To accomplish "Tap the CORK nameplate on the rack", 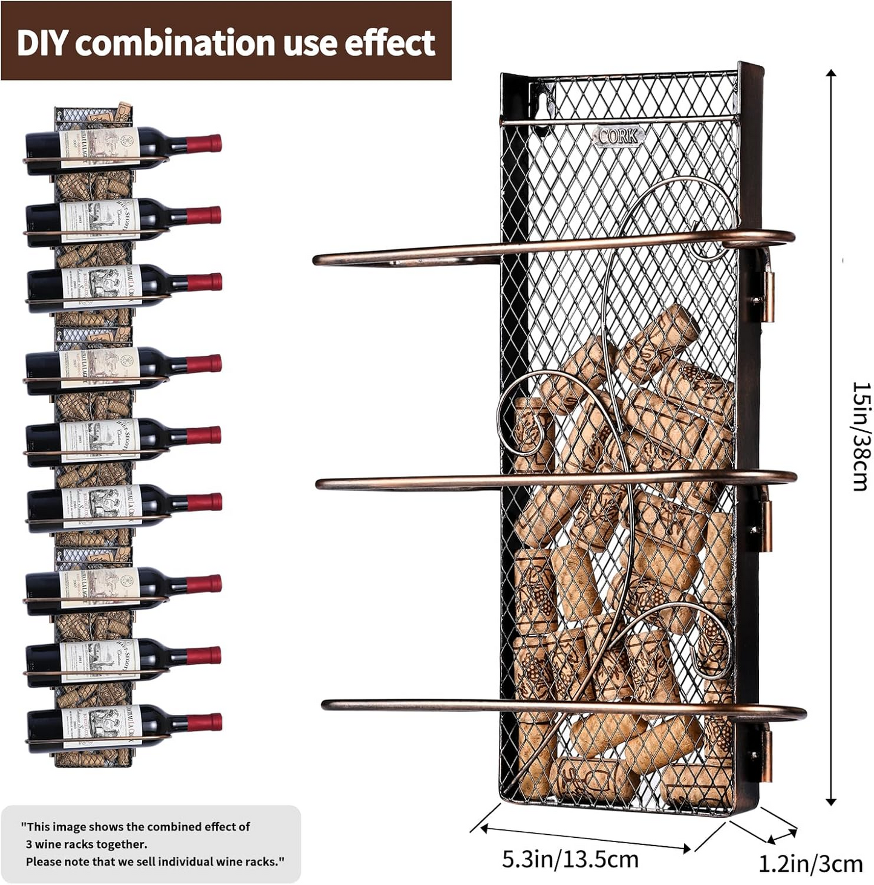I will [x=618, y=136].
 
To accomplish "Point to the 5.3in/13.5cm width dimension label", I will [x=570, y=859].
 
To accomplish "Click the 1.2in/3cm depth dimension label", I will [x=810, y=864].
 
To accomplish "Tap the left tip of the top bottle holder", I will [x=318, y=261].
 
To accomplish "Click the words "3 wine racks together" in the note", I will [x=86, y=844].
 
